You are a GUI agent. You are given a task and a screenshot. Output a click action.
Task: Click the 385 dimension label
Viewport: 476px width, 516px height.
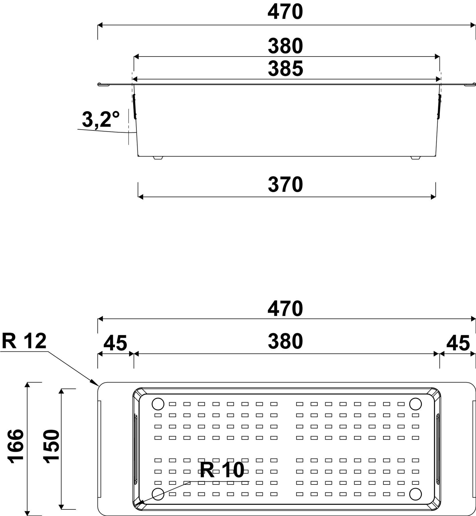(x=285, y=69)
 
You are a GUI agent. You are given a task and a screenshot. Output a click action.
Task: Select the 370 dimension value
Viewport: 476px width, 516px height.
(x=285, y=185)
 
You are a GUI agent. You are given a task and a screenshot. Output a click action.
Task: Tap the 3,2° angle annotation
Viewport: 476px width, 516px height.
(x=101, y=120)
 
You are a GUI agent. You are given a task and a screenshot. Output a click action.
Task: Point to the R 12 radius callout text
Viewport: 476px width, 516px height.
(x=24, y=341)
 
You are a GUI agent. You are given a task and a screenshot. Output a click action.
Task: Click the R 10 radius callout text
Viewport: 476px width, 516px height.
(x=222, y=470)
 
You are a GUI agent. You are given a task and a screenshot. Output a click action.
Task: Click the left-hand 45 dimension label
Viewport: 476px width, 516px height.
(x=115, y=343)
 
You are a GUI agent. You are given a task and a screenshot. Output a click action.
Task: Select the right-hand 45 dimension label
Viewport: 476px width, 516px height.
(x=458, y=343)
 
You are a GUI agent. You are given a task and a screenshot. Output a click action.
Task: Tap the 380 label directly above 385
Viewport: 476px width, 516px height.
(x=285, y=46)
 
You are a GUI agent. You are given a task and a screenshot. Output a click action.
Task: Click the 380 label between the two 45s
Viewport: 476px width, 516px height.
(x=285, y=341)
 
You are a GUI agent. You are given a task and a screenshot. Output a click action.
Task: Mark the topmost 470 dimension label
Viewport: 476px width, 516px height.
(x=285, y=12)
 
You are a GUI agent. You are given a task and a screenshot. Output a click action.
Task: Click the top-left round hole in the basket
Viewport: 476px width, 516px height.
(x=158, y=404)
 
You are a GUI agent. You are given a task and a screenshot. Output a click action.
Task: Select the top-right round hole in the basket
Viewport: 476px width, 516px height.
(x=415, y=404)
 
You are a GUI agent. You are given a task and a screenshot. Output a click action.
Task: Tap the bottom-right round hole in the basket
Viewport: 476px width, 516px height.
(x=415, y=494)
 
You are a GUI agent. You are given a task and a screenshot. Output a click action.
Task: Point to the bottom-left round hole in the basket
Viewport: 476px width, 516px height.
(x=158, y=494)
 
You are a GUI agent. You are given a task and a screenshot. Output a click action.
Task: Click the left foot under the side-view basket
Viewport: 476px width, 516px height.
(x=158, y=158)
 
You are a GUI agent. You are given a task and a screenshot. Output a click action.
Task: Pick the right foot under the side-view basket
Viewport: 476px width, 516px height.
(x=415, y=158)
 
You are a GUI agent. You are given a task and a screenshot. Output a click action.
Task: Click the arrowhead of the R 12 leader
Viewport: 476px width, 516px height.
(x=96, y=384)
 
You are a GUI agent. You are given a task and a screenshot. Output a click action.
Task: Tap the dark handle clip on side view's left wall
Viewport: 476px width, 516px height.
(x=134, y=106)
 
